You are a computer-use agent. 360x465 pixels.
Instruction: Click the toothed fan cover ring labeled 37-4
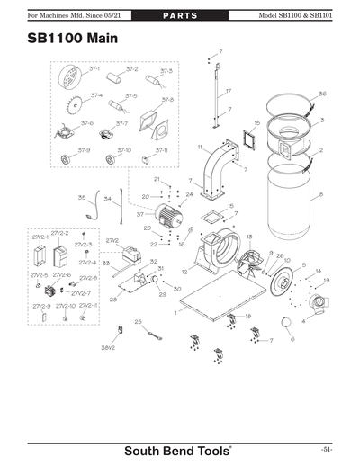(72, 110)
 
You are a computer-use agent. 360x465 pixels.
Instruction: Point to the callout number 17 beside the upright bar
(228, 92)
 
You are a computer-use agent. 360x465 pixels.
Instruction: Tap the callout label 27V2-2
(59, 232)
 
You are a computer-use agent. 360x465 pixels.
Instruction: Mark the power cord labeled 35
(93, 209)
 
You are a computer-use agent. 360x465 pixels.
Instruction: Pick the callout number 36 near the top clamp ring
(322, 94)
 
